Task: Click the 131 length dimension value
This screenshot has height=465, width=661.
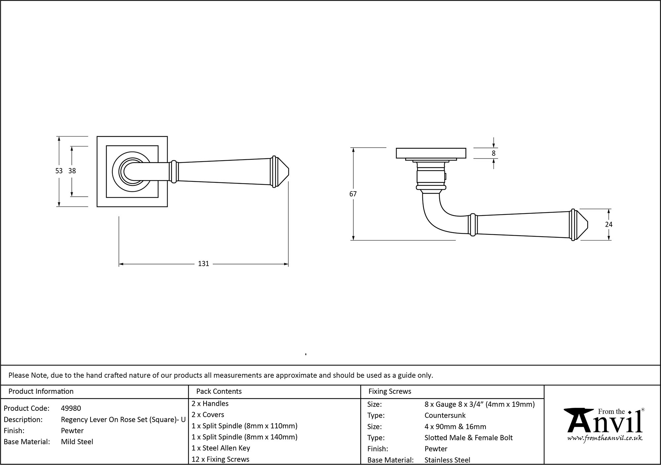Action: (x=203, y=264)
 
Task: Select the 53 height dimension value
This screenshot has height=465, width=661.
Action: (x=59, y=171)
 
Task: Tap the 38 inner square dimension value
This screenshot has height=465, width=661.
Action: (x=72, y=171)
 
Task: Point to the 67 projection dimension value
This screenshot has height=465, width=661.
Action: (x=353, y=194)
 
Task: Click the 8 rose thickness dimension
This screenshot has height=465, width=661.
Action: (x=493, y=153)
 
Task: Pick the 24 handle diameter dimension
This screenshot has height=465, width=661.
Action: (x=608, y=224)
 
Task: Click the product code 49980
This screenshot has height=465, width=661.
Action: (x=71, y=408)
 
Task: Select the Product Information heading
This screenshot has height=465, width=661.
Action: (x=41, y=391)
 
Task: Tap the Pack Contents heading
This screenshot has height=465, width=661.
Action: (x=219, y=391)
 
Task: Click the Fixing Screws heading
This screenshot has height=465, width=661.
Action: (x=390, y=391)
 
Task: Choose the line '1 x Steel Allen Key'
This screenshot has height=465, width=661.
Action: (x=221, y=448)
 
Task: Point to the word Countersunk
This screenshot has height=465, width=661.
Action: (x=445, y=415)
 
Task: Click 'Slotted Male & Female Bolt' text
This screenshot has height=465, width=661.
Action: (x=468, y=438)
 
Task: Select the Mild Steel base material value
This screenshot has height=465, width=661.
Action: (x=77, y=442)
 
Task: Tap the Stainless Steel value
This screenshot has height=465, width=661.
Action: (x=447, y=460)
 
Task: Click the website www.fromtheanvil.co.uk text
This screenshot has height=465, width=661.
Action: (x=605, y=438)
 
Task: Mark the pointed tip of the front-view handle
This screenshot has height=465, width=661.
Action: (x=288, y=172)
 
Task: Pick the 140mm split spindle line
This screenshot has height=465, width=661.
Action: (x=244, y=437)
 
